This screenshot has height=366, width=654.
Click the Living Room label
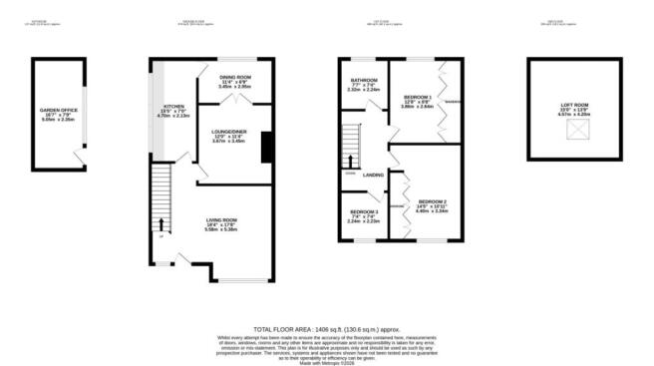tap(221, 219)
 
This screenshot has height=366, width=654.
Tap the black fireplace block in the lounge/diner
tap(266, 147)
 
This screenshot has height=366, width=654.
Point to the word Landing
tap(374, 176)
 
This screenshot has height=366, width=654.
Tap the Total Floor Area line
tap(326, 326)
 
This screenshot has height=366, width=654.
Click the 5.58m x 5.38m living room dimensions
tap(221, 229)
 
